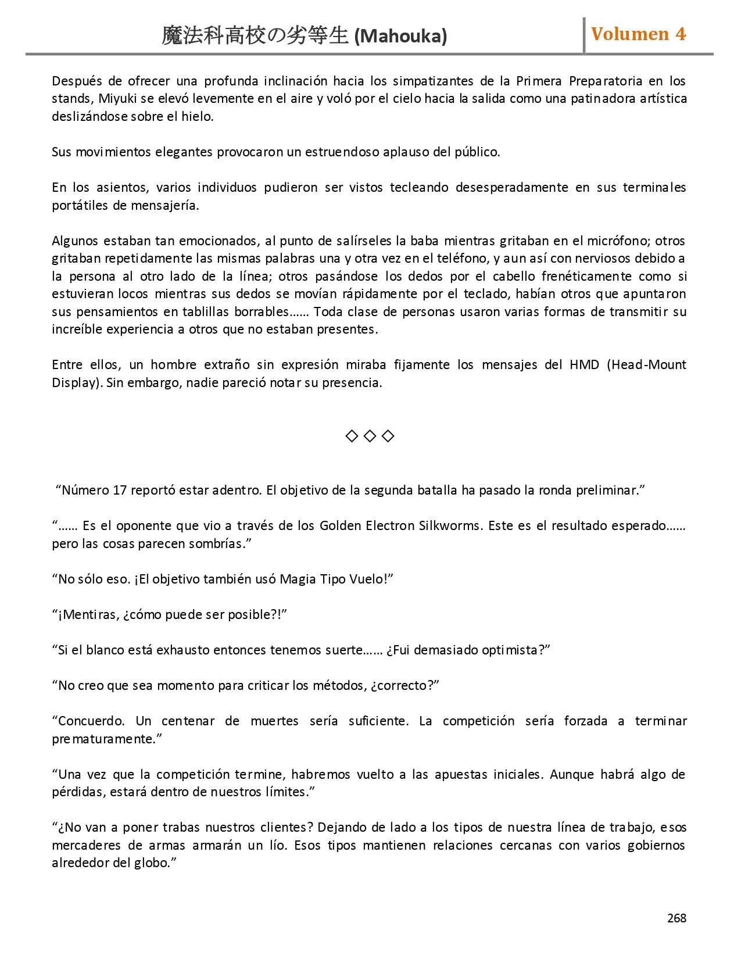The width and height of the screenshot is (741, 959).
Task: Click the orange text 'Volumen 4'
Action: [x=638, y=34]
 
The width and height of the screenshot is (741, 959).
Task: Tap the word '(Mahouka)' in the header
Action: [x=400, y=37]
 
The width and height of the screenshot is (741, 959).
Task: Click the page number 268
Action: [x=676, y=918]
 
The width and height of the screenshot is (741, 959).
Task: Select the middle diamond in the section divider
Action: [x=370, y=436]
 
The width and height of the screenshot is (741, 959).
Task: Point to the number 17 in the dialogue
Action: [x=120, y=490]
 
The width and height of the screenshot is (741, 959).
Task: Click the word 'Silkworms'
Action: [x=450, y=525]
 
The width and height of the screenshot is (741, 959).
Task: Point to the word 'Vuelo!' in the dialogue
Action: [x=371, y=579]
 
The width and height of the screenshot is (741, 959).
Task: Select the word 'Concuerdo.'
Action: [x=88, y=721]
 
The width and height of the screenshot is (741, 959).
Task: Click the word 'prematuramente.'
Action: [x=106, y=739]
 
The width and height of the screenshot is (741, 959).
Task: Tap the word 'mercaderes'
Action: [x=86, y=845]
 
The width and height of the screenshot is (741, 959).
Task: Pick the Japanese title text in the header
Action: [x=256, y=36]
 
